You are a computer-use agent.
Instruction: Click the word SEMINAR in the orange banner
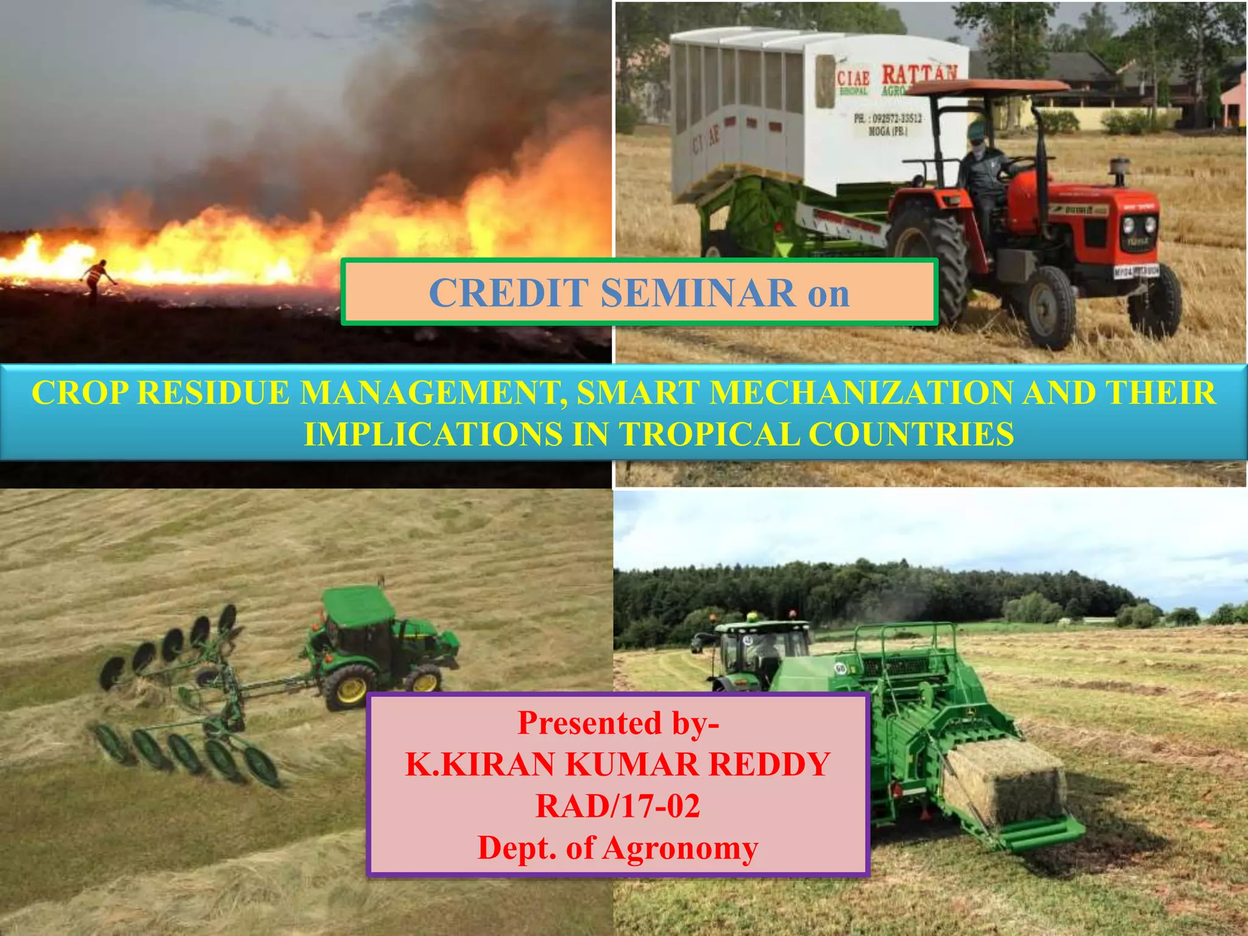(x=698, y=293)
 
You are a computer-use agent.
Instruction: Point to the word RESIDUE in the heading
(x=213, y=392)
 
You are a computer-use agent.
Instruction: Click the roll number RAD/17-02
(x=617, y=806)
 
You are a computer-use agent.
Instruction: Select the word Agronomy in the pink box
(x=680, y=848)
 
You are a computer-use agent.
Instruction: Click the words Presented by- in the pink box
(x=618, y=723)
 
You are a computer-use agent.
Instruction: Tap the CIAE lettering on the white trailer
(x=853, y=79)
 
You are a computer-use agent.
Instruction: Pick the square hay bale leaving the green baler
(x=1005, y=783)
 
